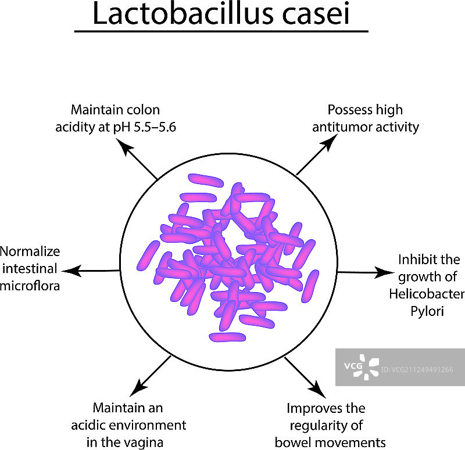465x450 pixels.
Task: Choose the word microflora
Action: [x=30, y=286]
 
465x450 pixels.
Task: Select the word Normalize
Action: [x=30, y=252]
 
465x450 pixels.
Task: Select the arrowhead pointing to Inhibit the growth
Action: [x=388, y=272]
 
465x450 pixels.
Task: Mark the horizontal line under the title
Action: [x=221, y=31]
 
